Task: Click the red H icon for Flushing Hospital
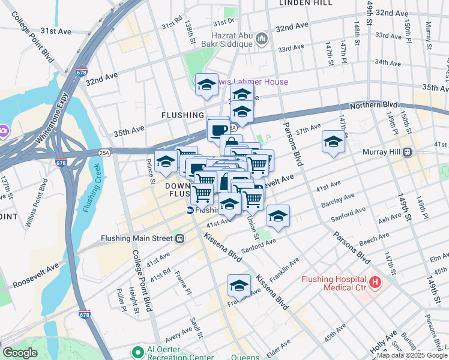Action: [376, 281]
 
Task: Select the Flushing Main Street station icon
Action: [179, 238]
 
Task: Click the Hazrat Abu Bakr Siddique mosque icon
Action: [261, 40]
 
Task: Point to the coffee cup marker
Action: [218, 128]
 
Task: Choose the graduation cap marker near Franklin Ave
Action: [239, 286]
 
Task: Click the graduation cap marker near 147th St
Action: [333, 142]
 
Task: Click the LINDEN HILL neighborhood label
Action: [306, 3]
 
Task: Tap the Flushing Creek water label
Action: [94, 193]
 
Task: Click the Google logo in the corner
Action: [20, 353]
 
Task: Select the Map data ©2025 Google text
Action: [411, 355]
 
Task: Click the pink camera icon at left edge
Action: [3, 130]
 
